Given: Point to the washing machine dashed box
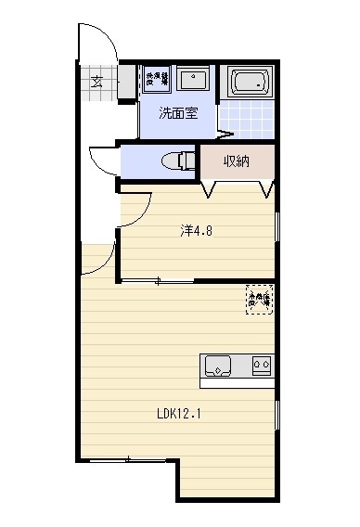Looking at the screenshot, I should click(x=155, y=79).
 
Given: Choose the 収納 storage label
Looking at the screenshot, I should click(x=238, y=161).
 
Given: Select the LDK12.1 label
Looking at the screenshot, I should click(x=178, y=414).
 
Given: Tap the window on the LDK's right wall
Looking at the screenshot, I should click(x=277, y=415).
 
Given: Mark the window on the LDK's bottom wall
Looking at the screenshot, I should click(x=127, y=459).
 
